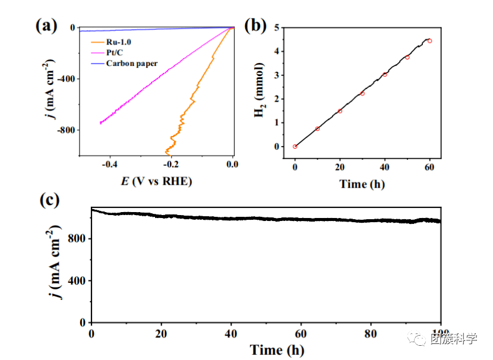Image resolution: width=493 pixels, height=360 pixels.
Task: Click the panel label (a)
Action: click(x=46, y=26)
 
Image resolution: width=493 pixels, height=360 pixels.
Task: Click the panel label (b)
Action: click(x=255, y=26)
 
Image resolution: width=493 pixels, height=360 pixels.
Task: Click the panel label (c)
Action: click(x=49, y=200)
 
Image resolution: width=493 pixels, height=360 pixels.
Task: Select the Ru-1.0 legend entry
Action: click(x=120, y=42)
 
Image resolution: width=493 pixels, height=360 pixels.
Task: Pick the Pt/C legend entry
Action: click(x=115, y=53)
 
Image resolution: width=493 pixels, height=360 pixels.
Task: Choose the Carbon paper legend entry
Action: click(x=132, y=64)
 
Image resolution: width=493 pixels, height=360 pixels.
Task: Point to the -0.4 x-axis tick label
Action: click(x=110, y=165)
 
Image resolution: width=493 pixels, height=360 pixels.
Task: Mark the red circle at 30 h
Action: click(x=362, y=93)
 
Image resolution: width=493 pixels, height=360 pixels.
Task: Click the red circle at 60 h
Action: click(x=429, y=41)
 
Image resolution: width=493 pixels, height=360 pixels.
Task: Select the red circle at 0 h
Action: click(x=295, y=146)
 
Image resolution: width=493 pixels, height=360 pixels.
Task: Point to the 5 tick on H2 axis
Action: click(x=277, y=28)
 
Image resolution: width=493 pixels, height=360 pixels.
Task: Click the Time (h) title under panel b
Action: click(x=362, y=184)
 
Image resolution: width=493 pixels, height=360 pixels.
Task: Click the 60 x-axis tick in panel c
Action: click(x=301, y=333)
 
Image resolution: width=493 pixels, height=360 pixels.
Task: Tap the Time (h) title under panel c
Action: click(x=277, y=349)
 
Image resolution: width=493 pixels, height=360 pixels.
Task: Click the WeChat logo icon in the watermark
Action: click(x=421, y=339)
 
